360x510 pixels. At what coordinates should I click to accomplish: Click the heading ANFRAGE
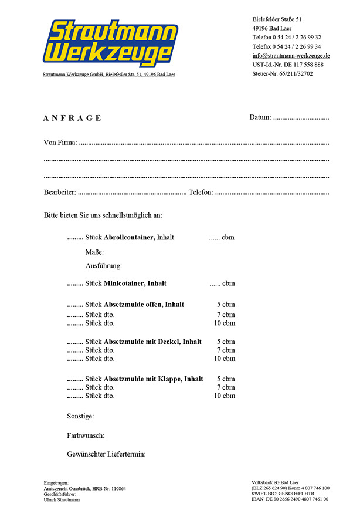point(72,118)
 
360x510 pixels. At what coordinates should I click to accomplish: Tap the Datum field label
point(260,117)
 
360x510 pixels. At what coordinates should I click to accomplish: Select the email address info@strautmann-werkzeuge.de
point(291,55)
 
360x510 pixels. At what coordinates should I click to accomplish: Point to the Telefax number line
point(286,46)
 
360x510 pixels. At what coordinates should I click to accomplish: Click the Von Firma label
point(60,143)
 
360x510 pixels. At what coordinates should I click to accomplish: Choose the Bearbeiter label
point(60,192)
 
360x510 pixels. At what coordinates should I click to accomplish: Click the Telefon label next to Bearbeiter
point(201,192)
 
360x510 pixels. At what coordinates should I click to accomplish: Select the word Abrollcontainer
point(129,237)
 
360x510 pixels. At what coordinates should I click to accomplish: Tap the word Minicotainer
point(124,283)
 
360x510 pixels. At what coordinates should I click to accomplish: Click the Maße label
point(94,252)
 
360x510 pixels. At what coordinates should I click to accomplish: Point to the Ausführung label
point(103,265)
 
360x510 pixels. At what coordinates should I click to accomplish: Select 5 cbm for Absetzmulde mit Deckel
point(226,342)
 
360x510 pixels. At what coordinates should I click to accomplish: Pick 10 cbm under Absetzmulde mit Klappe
point(224,396)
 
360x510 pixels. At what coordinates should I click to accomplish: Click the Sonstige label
point(80,416)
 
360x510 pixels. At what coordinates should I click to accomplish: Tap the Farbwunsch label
point(86,435)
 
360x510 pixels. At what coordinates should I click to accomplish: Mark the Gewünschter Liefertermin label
point(106,454)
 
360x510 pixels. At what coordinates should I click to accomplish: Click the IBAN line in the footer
point(290,499)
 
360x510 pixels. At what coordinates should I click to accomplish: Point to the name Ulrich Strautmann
point(62,499)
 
